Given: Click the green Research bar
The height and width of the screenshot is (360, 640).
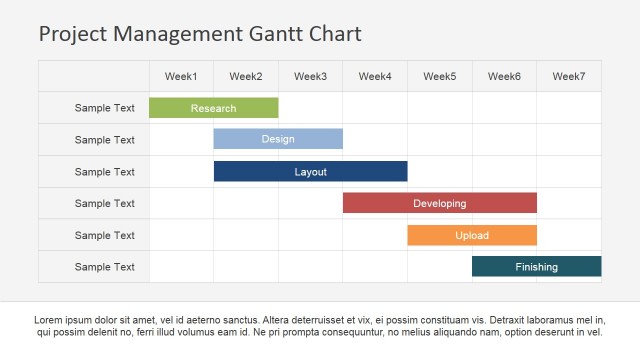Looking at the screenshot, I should click(213, 108).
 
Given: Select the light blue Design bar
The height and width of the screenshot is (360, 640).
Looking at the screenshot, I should click(278, 139).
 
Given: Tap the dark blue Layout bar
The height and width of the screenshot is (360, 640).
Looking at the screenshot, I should click(310, 171).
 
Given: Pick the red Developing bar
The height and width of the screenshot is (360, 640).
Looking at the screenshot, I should click(439, 203).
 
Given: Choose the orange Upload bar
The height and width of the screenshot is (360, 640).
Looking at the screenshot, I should click(472, 235).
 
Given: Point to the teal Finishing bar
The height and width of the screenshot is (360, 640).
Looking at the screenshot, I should click(536, 267).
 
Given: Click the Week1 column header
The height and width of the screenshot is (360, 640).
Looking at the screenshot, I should click(181, 76).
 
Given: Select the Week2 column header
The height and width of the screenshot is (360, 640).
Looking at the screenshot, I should click(246, 76).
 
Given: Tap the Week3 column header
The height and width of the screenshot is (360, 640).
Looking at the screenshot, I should click(310, 76).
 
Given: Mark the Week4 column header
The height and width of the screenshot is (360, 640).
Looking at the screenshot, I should click(375, 76).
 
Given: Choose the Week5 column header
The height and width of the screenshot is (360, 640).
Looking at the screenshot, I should click(439, 76).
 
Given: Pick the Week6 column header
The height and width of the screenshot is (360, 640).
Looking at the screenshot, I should click(504, 76).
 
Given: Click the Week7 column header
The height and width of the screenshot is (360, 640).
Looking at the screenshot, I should click(569, 76).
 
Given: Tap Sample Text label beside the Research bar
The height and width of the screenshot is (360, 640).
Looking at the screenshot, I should click(104, 108).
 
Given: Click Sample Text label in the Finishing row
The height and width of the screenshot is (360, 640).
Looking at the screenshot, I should click(104, 267).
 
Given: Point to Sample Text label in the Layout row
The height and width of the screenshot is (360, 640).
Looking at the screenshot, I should click(104, 172).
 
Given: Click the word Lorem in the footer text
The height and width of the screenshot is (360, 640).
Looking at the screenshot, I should click(50, 320).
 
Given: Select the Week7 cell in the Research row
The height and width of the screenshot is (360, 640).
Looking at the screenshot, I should click(569, 108).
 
